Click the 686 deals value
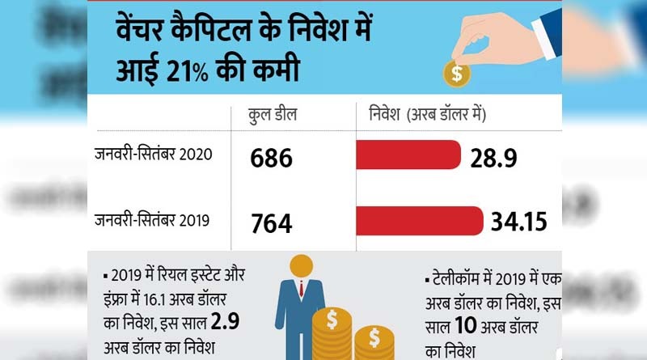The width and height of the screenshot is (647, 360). pyautogui.click(x=271, y=159)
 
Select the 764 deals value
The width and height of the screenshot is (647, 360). pyautogui.click(x=271, y=223)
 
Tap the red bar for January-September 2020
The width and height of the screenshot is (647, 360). pyautogui.click(x=408, y=155)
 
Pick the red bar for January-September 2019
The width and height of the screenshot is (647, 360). pyautogui.click(x=421, y=219)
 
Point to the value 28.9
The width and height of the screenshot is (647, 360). pyautogui.click(x=495, y=156)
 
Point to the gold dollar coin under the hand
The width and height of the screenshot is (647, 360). pyautogui.click(x=458, y=74)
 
